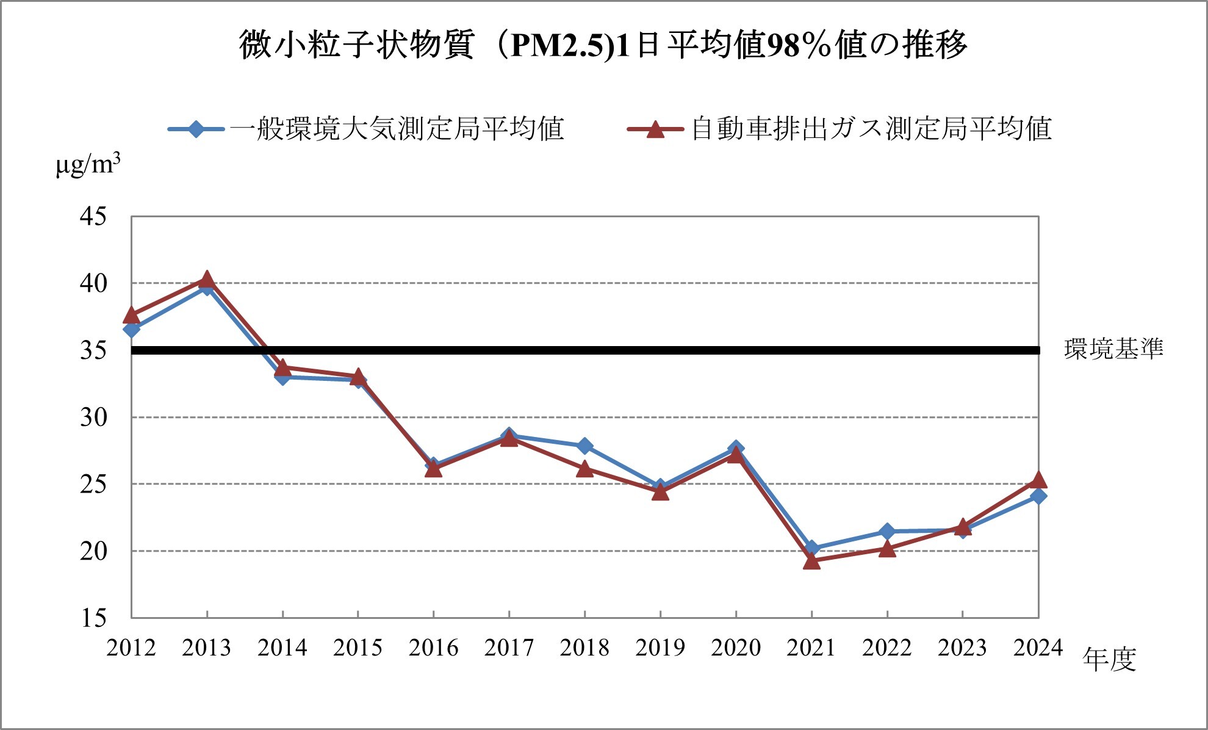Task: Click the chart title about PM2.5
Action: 603,45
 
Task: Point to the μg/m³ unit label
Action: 88,164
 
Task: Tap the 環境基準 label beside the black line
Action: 1113,349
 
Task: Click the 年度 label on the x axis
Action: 1109,660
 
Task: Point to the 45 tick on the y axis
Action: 93,216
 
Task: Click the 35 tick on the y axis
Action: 93,350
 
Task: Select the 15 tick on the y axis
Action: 93,618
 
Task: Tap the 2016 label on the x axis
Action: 433,648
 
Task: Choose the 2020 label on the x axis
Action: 736,648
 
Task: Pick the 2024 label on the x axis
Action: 1038,648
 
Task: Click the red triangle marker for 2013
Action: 207,280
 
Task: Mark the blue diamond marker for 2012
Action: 132,330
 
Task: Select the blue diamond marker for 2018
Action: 584,446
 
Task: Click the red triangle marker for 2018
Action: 584,469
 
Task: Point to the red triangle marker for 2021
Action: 811,561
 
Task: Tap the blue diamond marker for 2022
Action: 887,532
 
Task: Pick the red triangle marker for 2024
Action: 1038,480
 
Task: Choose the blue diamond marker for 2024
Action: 1038,496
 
